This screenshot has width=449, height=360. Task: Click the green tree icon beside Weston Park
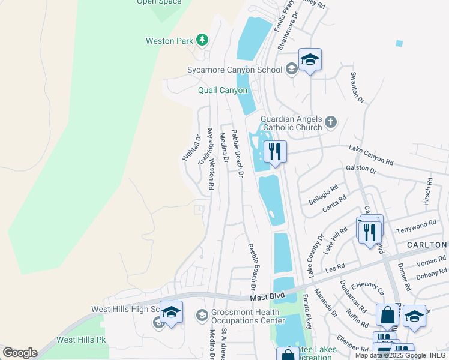tap(203, 40)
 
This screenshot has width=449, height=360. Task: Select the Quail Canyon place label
tap(223, 91)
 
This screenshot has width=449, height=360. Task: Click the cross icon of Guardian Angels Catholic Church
tap(330, 124)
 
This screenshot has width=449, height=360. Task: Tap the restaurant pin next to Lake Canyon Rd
tap(275, 152)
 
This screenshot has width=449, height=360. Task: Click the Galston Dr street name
tap(361, 170)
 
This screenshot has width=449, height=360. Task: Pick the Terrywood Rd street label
tap(416, 227)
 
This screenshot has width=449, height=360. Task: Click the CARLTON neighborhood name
tap(427, 245)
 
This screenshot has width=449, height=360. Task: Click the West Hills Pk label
tap(81, 340)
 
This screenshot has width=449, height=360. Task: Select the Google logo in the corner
tap(20, 353)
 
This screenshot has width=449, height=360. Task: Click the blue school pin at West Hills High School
tap(171, 313)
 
